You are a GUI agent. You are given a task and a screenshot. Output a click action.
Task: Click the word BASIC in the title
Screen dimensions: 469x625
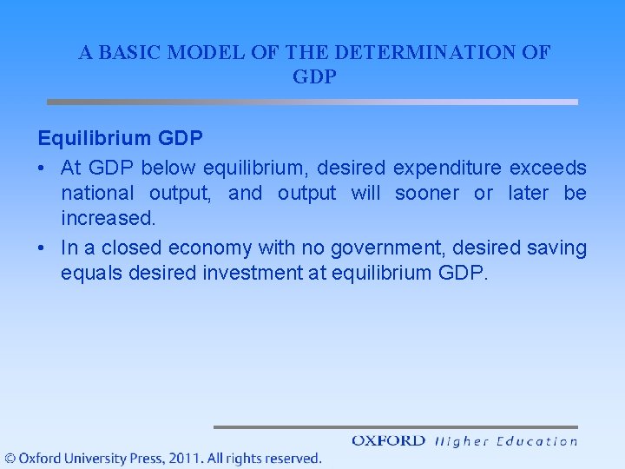point(129,52)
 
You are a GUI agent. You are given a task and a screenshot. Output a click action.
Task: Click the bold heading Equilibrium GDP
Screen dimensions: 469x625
point(121,139)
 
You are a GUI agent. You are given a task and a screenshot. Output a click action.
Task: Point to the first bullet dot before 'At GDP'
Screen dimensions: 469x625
point(43,167)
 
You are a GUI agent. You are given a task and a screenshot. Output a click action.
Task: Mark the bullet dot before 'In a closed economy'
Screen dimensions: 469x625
point(43,248)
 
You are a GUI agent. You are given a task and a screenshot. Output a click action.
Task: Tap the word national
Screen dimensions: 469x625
point(97,193)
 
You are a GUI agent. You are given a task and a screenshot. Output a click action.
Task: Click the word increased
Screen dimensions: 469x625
point(108,219)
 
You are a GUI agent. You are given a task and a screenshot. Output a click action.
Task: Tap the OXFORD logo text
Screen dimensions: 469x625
point(388,440)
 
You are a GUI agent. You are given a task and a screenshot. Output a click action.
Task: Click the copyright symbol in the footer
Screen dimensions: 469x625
point(10,458)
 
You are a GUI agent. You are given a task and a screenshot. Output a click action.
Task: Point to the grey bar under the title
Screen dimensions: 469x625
point(312,102)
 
